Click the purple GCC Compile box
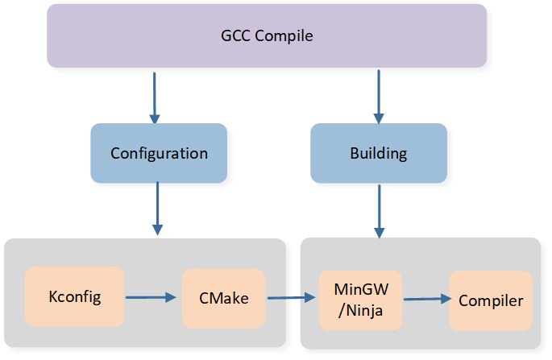tap(267, 36)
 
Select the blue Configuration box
tap(159, 153)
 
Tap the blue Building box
tap(379, 153)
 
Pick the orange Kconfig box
tap(74, 297)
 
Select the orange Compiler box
tap(491, 300)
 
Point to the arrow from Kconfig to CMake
tap(150, 297)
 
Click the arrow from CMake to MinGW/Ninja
tap(290, 298)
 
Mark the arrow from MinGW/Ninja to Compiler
tap(425, 299)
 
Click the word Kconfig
tap(74, 297)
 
